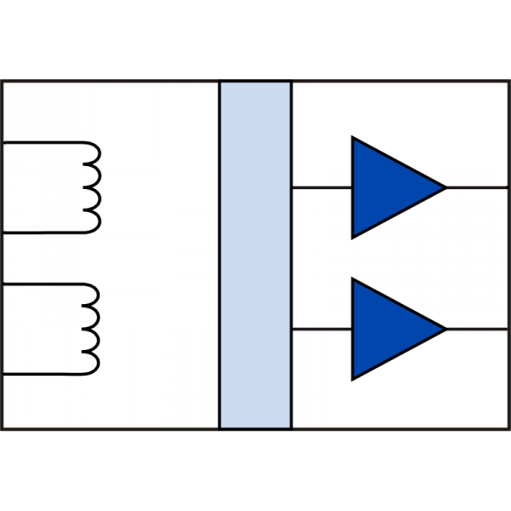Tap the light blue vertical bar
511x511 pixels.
pyautogui.click(x=255, y=255)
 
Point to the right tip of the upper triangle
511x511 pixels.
pyautogui.click(x=445, y=187)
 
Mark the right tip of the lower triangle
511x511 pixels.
pyautogui.click(x=445, y=329)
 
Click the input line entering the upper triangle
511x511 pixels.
pyautogui.click(x=322, y=187)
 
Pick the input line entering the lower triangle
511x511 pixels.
pyautogui.click(x=322, y=329)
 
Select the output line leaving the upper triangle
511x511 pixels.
pyautogui.click(x=477, y=187)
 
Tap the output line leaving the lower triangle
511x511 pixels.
pyautogui.click(x=477, y=329)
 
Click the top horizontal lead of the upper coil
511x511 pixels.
pyautogui.click(x=43, y=143)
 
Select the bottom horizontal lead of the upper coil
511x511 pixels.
pyautogui.click(x=43, y=232)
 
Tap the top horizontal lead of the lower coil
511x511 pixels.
pyautogui.click(x=43, y=285)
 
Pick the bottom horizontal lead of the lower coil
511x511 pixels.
pyautogui.click(x=43, y=374)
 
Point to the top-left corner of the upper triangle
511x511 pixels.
pyautogui.click(x=353, y=138)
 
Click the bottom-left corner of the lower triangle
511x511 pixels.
pyautogui.click(x=353, y=378)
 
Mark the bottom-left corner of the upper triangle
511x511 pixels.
pyautogui.click(x=353, y=236)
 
